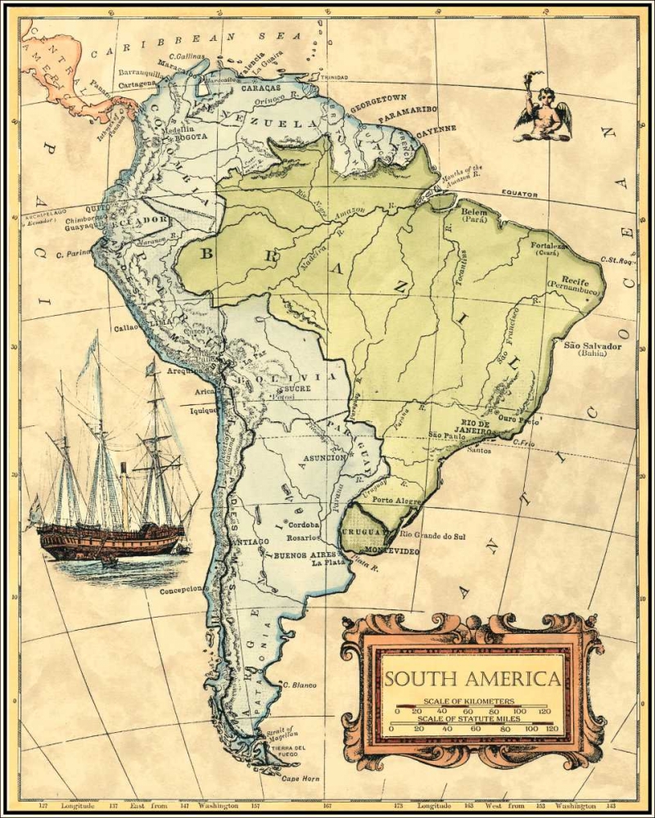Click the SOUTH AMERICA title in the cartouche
click(x=472, y=679)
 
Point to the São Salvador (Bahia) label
click(x=592, y=349)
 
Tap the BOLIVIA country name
click(x=305, y=376)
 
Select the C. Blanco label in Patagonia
click(x=299, y=684)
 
